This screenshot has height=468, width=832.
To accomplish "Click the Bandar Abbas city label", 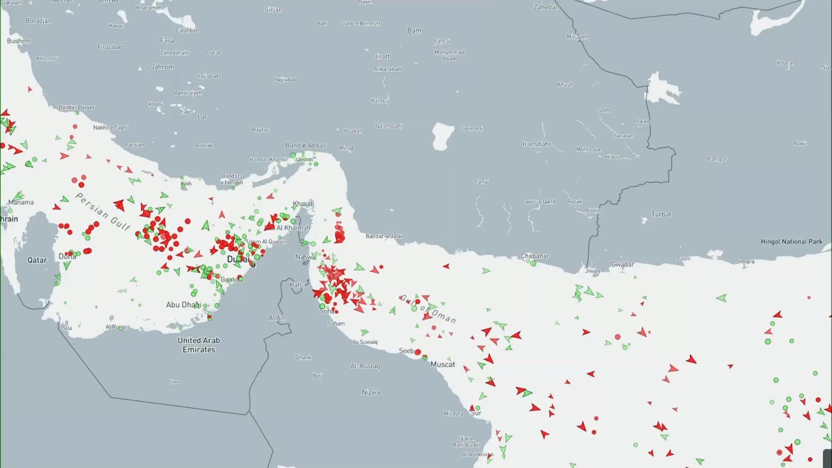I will click(x=305, y=146).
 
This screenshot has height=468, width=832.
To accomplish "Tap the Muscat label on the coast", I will click(x=442, y=364).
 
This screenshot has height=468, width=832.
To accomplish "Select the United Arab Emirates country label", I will click(x=199, y=345).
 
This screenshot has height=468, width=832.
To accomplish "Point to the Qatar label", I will click(x=37, y=260).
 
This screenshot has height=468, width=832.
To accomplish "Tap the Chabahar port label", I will click(x=535, y=256).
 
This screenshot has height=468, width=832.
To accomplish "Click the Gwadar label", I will click(x=622, y=264).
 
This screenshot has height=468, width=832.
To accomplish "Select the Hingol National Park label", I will click(x=791, y=242).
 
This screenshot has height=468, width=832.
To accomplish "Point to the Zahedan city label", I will click(x=546, y=7).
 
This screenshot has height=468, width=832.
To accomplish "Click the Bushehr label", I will click(x=19, y=41).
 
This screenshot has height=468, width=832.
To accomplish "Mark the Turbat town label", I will click(x=661, y=214).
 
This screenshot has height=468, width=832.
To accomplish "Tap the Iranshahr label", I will click(x=537, y=144).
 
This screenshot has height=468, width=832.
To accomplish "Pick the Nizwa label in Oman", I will click(x=370, y=393).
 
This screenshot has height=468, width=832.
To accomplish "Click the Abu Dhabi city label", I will click(x=183, y=305).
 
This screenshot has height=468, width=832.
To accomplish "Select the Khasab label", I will click(x=303, y=204).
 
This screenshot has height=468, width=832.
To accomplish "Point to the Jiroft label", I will click(x=382, y=57).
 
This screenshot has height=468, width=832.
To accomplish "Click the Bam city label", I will click(x=414, y=30).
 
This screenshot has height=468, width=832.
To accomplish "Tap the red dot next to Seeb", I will click(x=418, y=352).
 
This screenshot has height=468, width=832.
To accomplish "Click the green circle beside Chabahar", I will click(x=533, y=263).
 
